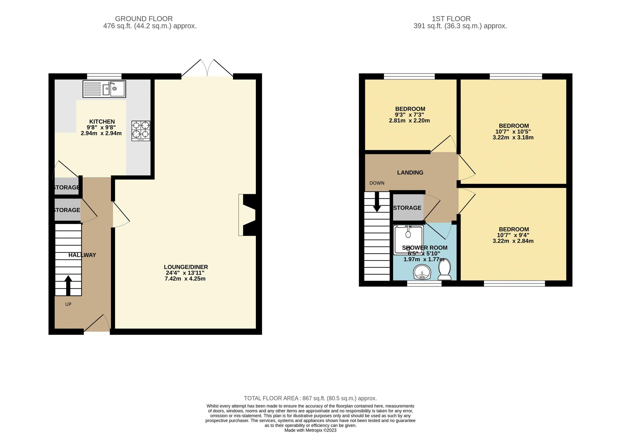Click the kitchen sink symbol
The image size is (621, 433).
pos(104,89)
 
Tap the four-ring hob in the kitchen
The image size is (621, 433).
pos(141,131)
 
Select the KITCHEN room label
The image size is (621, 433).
pos(102,122)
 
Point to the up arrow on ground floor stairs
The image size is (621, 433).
pos(68,285)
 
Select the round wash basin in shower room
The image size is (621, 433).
pos(422,272)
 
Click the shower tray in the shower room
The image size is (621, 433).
pos(408,240)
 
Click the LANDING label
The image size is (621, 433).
pos(410,173)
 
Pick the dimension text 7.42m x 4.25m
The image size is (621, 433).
pos(185,279)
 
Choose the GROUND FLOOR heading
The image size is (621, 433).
pos(144,19)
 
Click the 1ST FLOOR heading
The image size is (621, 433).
pos(451,19)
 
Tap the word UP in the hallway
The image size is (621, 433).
pos(68,304)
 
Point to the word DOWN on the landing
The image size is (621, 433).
pos(377,183)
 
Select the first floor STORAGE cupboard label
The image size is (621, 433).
pos(407,208)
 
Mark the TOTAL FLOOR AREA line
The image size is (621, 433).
pos(310,398)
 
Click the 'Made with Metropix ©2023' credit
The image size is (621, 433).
pos(310,430)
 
